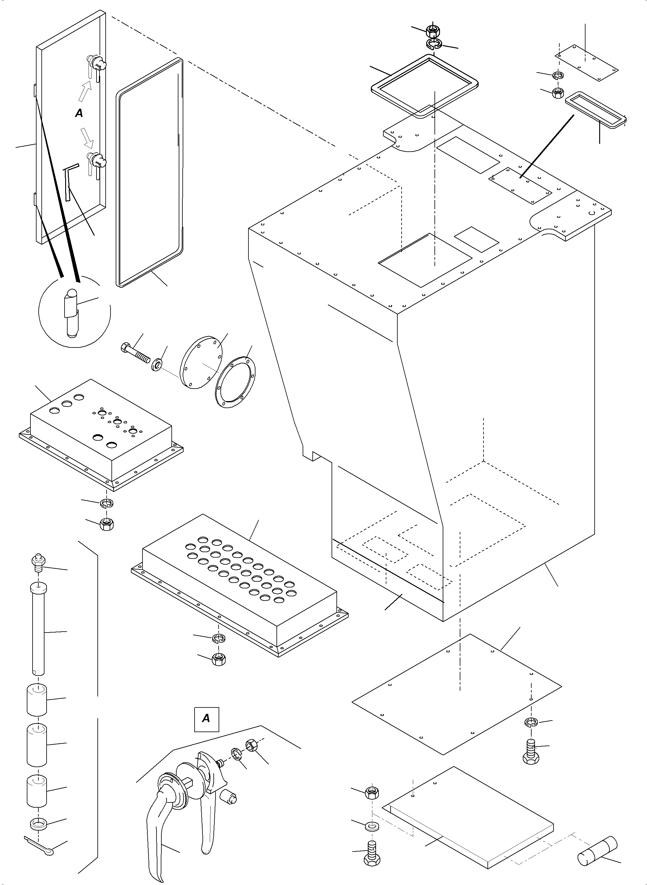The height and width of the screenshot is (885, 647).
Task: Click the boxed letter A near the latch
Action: (206, 718)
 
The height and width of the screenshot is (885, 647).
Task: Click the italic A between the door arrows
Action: (79, 113)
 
